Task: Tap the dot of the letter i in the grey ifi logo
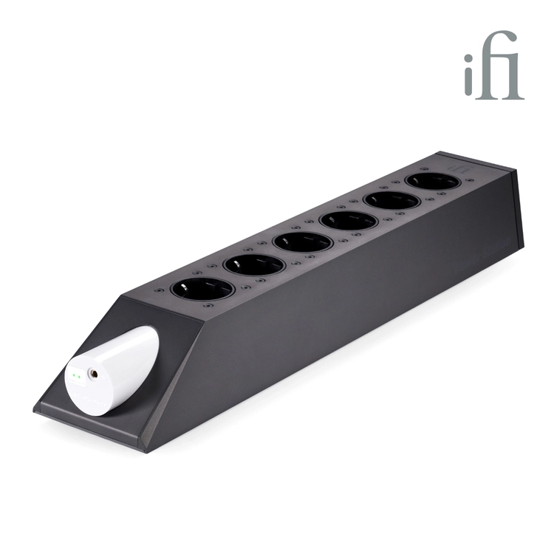pos(470,60)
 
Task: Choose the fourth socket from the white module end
pos(349,221)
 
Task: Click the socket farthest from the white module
pos(432,181)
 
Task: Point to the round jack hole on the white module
pos(94,373)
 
